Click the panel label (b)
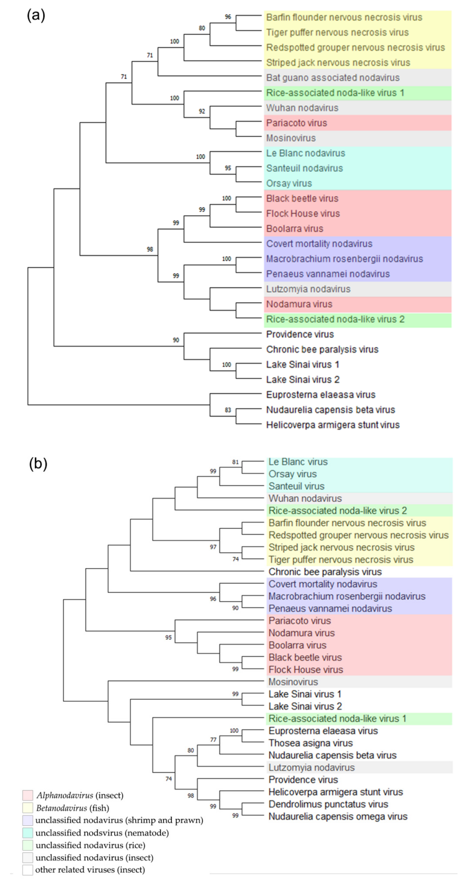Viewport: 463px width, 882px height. click(x=38, y=464)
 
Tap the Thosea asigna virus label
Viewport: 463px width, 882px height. click(x=310, y=743)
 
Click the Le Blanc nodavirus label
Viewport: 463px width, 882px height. click(x=305, y=153)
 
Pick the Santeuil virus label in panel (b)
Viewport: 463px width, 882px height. click(x=296, y=486)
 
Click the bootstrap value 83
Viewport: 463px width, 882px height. click(x=228, y=410)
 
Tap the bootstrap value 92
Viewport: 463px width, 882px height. click(x=202, y=111)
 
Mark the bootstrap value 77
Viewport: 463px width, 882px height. click(x=213, y=740)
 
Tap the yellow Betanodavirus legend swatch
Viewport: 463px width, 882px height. click(x=28, y=808)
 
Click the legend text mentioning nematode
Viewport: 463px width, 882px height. click(x=102, y=833)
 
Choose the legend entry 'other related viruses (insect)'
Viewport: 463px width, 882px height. click(x=90, y=870)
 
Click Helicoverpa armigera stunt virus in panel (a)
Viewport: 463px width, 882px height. click(x=333, y=425)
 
